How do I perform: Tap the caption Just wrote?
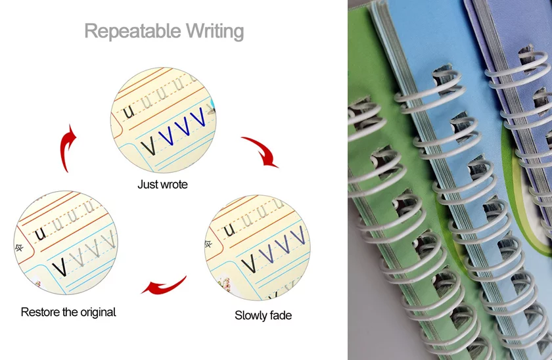(x=162, y=185)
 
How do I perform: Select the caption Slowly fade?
(x=263, y=315)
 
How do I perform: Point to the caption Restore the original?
(x=68, y=312)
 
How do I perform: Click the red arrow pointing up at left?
(x=66, y=148)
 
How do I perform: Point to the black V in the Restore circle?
(x=58, y=266)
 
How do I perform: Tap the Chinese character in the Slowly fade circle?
(x=208, y=243)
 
